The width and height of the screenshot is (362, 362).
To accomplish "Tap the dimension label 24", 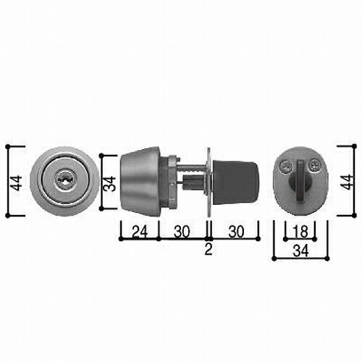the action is (x=140, y=232).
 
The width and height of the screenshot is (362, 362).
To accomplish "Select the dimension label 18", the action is (x=301, y=232).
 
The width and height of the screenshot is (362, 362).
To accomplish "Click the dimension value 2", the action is (x=209, y=249).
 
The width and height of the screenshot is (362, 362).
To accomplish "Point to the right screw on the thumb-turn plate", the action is (x=314, y=165).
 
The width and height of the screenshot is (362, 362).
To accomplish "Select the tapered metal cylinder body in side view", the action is (x=140, y=181).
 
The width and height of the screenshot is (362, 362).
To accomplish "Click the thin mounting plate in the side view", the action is (x=209, y=182).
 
